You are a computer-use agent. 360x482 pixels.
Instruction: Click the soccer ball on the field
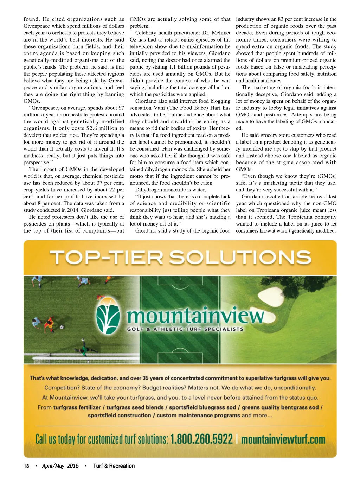pos(62,327)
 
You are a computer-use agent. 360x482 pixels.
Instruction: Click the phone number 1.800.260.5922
pos(201,439)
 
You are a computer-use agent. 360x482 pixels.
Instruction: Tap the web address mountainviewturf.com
pos(283,439)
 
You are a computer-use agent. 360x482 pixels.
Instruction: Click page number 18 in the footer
pos(26,466)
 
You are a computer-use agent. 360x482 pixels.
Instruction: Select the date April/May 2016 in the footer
pos(60,466)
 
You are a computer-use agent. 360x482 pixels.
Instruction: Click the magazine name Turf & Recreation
pos(114,466)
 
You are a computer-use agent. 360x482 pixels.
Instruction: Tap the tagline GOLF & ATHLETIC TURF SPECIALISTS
pos(185,329)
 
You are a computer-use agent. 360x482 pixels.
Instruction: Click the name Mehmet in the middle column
pos(221,33)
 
